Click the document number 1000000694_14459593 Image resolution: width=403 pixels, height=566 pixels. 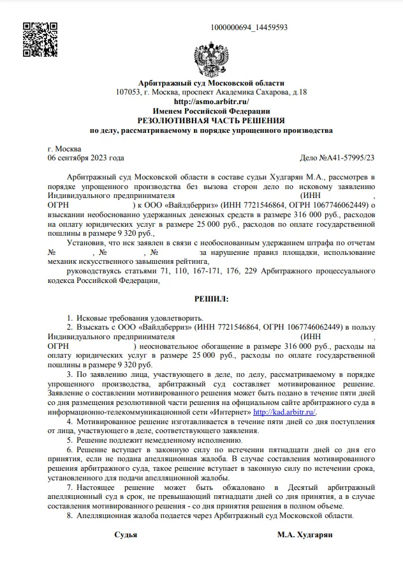249,27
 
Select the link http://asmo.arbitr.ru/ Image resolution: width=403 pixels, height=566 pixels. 211,102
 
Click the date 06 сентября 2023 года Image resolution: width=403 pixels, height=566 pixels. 81,158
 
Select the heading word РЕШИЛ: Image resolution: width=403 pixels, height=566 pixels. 211,299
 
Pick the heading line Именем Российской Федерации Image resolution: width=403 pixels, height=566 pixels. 211,111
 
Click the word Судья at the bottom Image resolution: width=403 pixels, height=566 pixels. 126,534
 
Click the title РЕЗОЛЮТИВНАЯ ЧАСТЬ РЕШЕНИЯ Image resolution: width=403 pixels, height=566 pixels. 211,121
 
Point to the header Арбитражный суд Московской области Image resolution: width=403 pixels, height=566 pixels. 211,83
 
